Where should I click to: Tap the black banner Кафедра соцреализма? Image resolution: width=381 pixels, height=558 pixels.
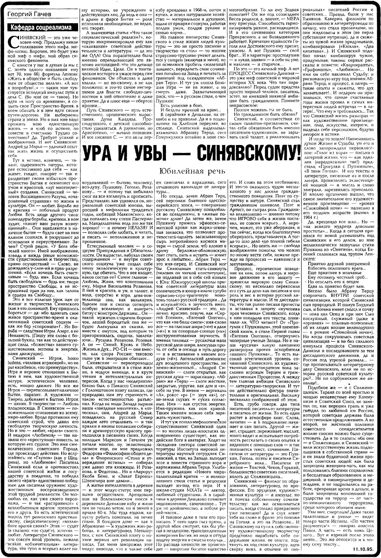[41, 27]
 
